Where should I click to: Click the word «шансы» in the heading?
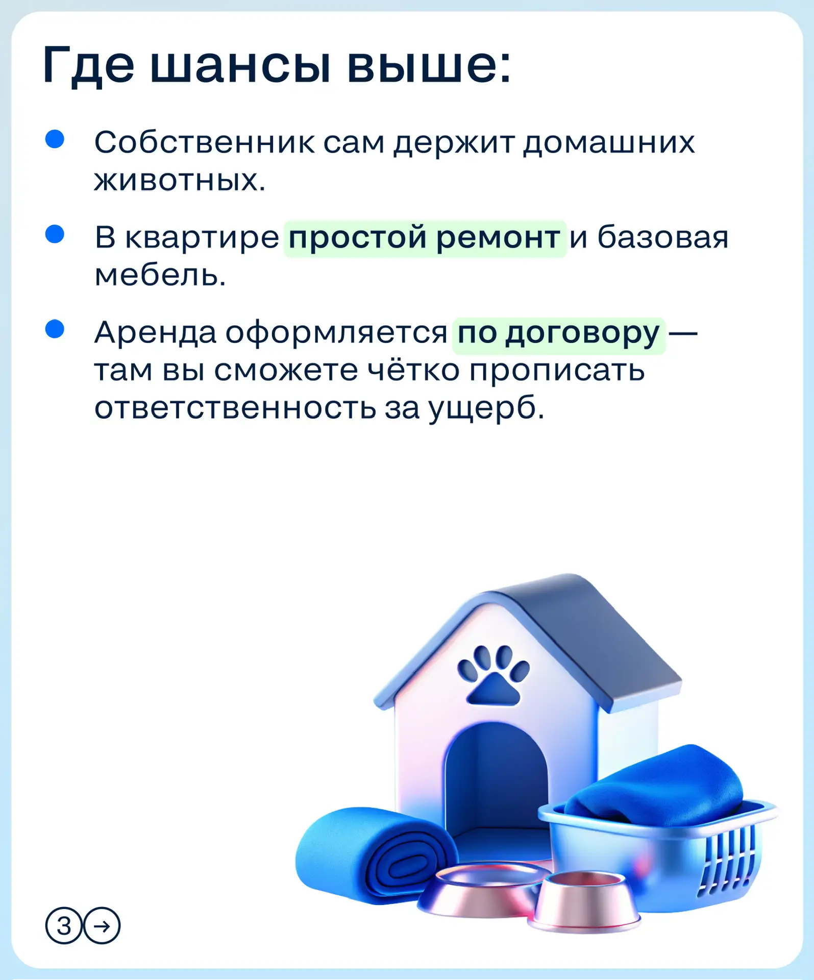click(240, 65)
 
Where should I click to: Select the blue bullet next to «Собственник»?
click(55, 139)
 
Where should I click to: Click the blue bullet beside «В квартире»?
click(55, 234)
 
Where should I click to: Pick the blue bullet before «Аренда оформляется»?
click(55, 329)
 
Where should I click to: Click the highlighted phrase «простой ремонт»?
click(425, 239)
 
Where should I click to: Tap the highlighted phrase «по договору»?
click(559, 335)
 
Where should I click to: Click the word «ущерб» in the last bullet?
click(486, 408)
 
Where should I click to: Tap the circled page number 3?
click(64, 925)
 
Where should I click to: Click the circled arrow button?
click(102, 925)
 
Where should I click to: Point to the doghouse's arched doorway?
click(497, 781)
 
